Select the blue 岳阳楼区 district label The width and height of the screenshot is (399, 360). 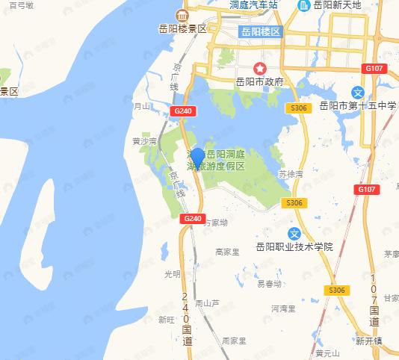[x=261, y=32]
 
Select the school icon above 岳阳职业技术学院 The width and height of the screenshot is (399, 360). [x=295, y=234]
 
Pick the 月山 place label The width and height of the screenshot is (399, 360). [x=142, y=107]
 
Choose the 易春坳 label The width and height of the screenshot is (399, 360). [x=269, y=284]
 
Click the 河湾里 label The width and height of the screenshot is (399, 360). [x=284, y=308]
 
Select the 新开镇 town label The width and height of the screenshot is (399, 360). [x=368, y=340]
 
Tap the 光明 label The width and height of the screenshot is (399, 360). [x=173, y=274]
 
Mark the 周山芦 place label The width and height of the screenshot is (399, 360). [x=207, y=303]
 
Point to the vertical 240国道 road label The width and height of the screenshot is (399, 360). [x=187, y=317]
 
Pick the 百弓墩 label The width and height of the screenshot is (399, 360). [x=21, y=4]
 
